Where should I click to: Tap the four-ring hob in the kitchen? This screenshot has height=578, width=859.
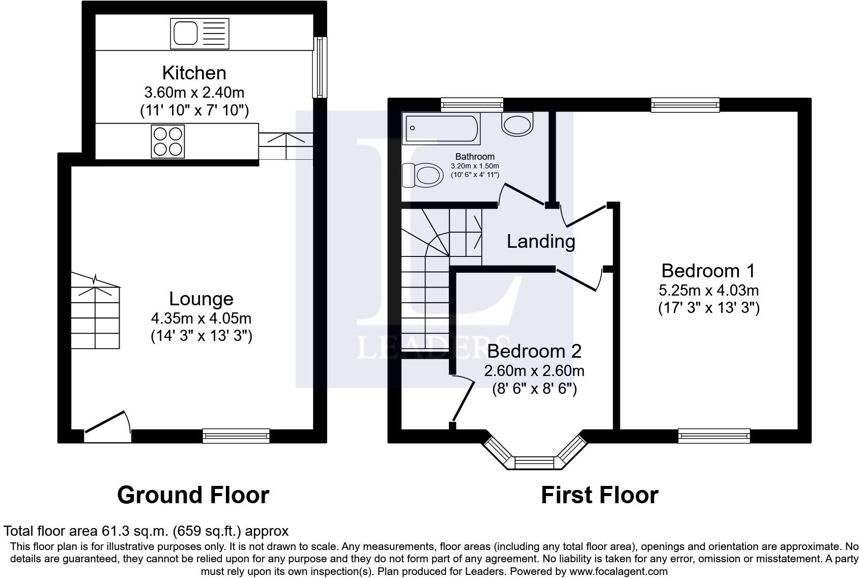pyautogui.click(x=167, y=141)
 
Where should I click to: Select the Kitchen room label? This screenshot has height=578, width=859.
pyautogui.click(x=194, y=73)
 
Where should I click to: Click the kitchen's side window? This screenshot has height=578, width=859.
pyautogui.click(x=319, y=67)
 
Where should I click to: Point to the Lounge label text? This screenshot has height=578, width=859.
pyautogui.click(x=201, y=299)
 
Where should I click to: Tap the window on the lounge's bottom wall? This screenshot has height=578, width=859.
pyautogui.click(x=236, y=435)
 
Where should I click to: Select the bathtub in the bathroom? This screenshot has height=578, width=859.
pyautogui.click(x=441, y=128)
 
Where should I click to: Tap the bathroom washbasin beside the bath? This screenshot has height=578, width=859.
pyautogui.click(x=518, y=124)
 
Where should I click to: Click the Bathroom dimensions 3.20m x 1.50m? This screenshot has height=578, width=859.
pyautogui.click(x=475, y=166)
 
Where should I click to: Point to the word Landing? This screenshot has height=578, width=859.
pyautogui.click(x=541, y=241)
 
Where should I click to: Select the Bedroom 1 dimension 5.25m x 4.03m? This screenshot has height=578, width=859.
pyautogui.click(x=708, y=291)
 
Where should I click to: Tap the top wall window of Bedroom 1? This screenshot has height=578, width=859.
pyautogui.click(x=685, y=105)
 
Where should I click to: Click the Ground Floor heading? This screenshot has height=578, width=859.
pyautogui.click(x=193, y=495)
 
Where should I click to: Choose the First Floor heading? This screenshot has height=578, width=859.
pyautogui.click(x=599, y=495)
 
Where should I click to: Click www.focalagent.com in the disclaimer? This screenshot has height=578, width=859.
pyautogui.click(x=618, y=571)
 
